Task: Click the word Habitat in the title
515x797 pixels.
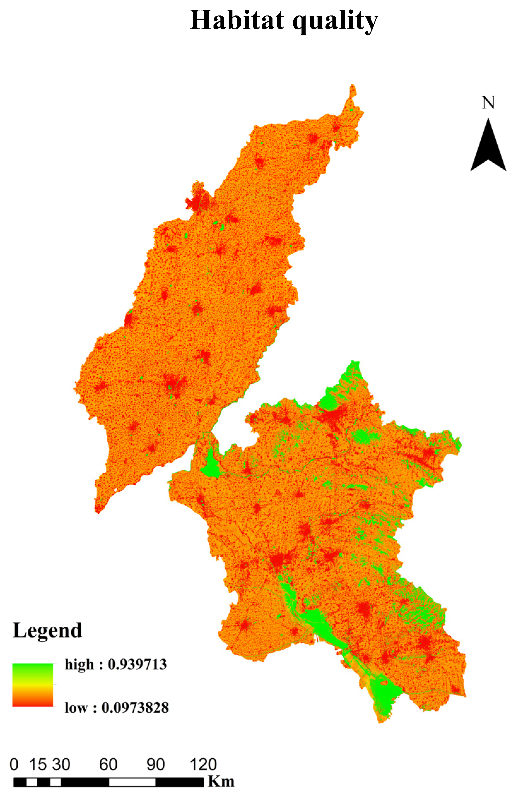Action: pos(237,21)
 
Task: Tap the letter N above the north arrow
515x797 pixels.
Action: pos(488,102)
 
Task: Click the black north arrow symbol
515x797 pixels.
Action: pos(488,147)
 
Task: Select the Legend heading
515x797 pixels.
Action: pos(47,631)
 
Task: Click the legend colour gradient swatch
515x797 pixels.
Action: pos(32,685)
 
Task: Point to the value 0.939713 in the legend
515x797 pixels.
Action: pos(137,664)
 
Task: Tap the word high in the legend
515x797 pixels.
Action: pos(79,664)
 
